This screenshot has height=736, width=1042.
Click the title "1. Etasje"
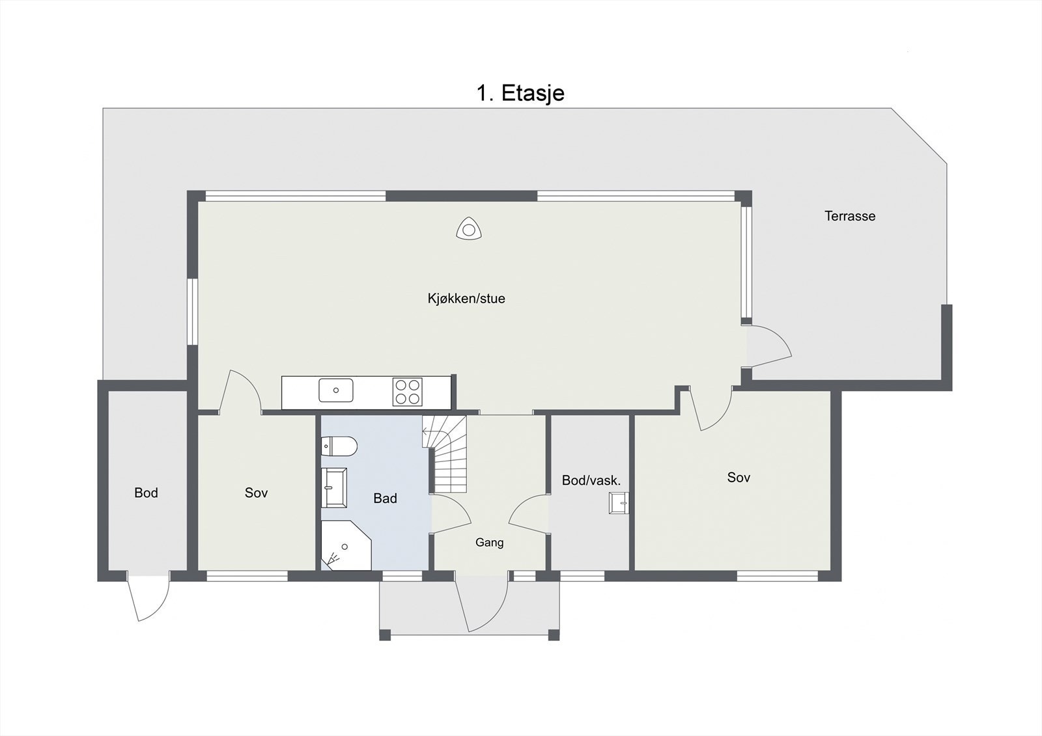point(520,94)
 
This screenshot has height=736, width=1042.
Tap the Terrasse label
point(850,216)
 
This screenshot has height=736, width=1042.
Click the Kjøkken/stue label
point(466,299)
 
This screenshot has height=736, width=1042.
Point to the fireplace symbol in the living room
point(468,229)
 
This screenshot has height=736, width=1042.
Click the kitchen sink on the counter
point(336,390)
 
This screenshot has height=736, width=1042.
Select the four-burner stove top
point(408,392)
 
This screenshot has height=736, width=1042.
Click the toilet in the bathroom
point(339,447)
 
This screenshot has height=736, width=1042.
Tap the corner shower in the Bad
point(346,545)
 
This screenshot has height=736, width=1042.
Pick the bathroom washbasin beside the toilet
point(334,487)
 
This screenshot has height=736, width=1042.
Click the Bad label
point(385,498)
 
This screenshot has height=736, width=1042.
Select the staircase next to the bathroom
point(445,454)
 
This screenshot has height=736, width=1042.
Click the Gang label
point(489,543)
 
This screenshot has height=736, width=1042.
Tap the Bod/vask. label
point(591,481)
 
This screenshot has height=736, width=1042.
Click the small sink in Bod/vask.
point(619,503)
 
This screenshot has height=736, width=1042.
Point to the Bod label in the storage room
point(146,493)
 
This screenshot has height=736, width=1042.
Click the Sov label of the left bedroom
point(257,493)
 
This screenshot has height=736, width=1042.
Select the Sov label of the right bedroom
point(739,478)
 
